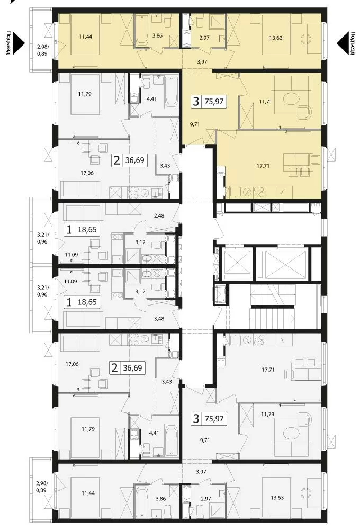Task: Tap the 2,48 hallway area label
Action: [159, 215]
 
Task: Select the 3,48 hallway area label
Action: [159, 318]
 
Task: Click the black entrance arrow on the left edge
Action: [16, 43]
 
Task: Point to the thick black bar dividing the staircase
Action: [273, 307]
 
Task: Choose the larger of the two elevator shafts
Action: [282, 264]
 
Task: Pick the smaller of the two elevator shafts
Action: [237, 264]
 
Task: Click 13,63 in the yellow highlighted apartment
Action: [276, 38]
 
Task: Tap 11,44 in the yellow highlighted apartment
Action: [86, 36]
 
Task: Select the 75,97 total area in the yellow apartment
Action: [214, 101]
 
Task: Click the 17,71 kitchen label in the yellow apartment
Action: [263, 166]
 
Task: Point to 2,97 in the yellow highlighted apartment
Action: [204, 38]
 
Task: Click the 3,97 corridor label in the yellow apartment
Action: [202, 62]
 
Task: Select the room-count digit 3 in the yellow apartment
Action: [196, 101]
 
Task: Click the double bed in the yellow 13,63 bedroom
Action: [276, 34]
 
